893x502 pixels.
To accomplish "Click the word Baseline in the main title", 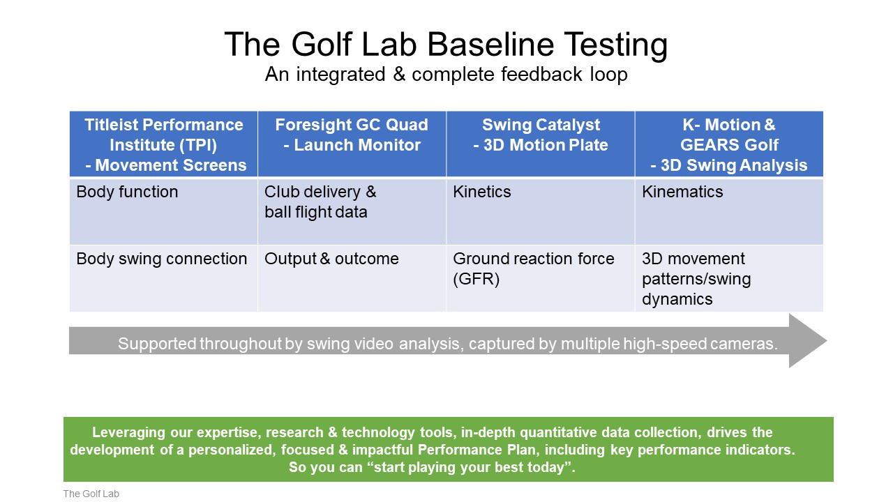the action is click(490, 44).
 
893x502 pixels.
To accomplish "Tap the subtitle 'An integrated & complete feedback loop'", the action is click(446, 75).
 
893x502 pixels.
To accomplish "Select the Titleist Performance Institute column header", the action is click(163, 144).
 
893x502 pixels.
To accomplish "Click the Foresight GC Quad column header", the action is click(352, 144).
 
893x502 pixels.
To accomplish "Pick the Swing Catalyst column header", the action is click(541, 144).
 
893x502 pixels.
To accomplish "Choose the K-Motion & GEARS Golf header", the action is click(729, 144).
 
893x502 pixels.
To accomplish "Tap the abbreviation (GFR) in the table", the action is click(476, 279).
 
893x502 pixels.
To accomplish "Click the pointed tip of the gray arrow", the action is click(827, 341).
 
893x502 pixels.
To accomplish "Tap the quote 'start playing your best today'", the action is click(432, 467).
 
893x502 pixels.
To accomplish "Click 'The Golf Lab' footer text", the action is click(91, 494).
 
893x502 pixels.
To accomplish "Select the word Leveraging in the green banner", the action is click(128, 433).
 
